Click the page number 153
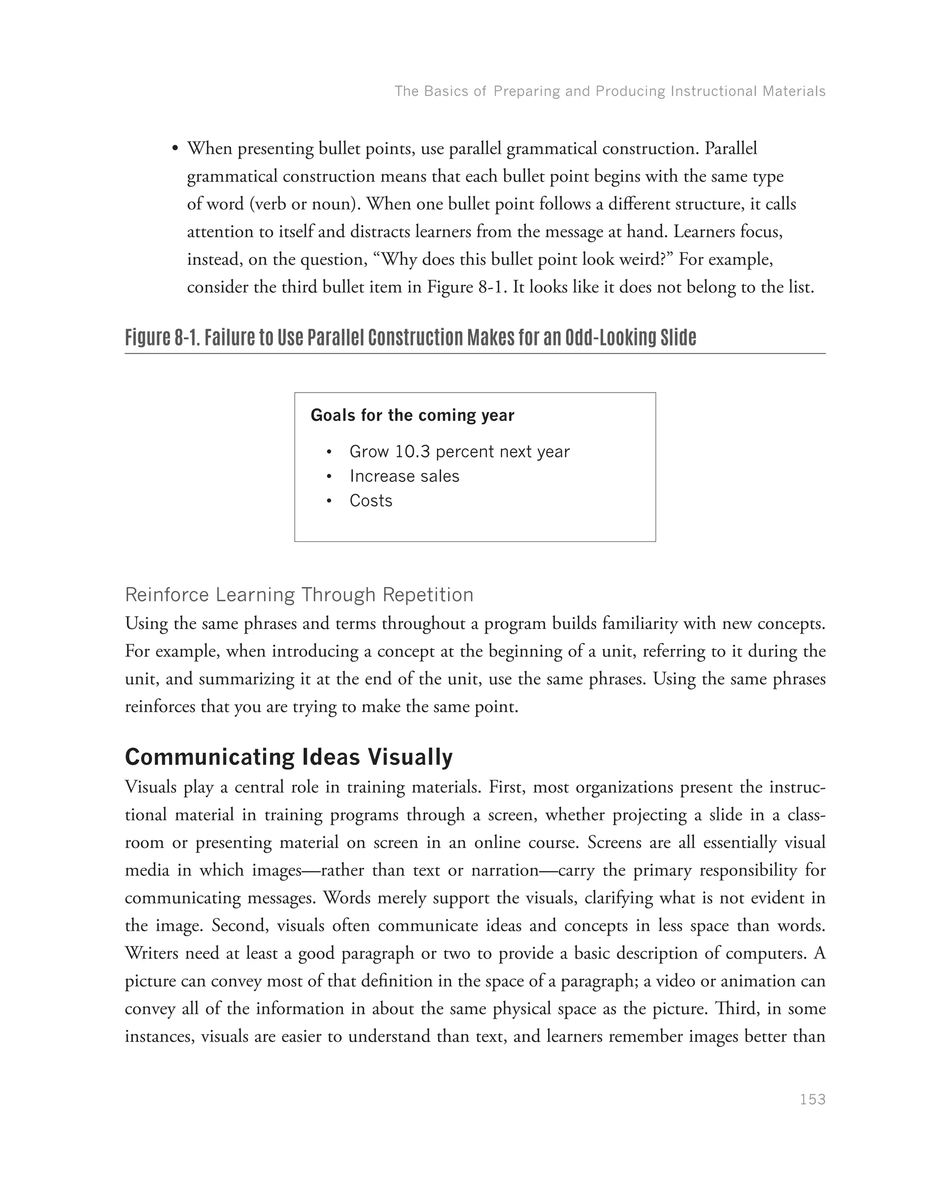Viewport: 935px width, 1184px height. [x=812, y=1100]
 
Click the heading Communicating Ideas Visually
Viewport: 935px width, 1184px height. [x=289, y=757]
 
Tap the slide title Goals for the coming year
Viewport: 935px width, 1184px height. [x=412, y=415]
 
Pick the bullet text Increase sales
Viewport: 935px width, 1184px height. [x=404, y=476]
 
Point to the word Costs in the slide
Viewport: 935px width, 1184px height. [x=371, y=501]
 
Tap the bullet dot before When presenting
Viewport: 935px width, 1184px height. [x=175, y=149]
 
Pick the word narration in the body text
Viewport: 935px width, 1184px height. [x=505, y=870]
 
